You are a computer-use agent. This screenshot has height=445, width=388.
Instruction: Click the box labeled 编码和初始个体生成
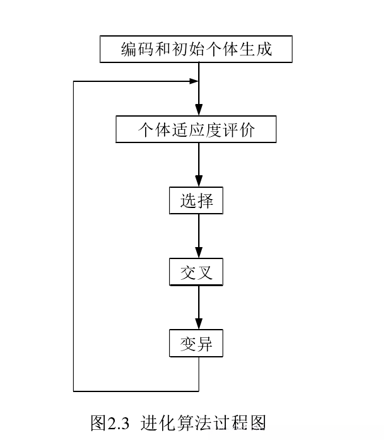coord(196,49)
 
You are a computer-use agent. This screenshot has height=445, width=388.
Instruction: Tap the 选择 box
coord(196,201)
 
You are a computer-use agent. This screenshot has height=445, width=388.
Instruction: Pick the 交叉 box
coord(196,272)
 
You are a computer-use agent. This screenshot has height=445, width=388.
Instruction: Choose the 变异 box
coord(196,344)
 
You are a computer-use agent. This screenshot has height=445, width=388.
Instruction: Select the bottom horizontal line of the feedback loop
coord(136,391)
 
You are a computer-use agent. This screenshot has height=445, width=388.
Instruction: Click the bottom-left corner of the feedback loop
coord(74,391)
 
